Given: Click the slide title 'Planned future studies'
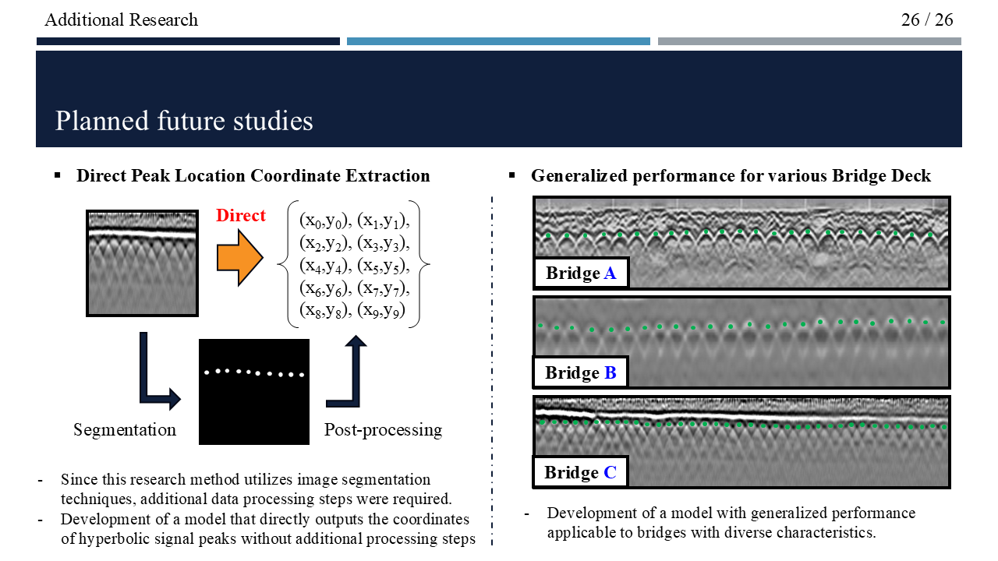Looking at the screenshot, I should point(184,122).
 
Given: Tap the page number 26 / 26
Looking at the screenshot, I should point(927,19).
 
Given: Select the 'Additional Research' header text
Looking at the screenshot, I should point(121,19).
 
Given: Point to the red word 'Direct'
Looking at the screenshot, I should point(241,216).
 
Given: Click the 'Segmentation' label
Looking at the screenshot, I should point(125,430).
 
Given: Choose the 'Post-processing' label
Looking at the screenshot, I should point(383,430).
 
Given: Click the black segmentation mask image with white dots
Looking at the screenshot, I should point(254,392).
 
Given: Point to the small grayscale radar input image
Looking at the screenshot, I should point(141,263).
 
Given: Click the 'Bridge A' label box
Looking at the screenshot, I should point(581,273).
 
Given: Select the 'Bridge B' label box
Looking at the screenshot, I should point(581,373).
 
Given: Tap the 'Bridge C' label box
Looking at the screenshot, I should point(580,473).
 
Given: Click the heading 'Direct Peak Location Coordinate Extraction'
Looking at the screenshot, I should point(253,176).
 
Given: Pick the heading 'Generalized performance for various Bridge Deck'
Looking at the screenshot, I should point(731,176).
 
